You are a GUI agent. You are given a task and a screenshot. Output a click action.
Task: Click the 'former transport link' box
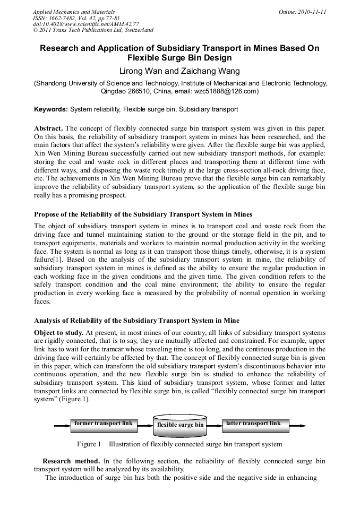104,424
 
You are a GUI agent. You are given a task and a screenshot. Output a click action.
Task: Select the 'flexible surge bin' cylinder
180,425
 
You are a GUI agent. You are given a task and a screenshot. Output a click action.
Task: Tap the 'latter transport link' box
255,424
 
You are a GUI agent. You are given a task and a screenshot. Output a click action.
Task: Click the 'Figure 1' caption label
89,444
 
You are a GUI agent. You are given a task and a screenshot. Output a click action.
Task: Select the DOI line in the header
86,24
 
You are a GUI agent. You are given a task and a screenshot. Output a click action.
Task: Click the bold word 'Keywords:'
51,109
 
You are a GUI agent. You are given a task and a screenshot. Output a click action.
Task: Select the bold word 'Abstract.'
48,128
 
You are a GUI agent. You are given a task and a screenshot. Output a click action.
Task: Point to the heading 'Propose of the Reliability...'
143,214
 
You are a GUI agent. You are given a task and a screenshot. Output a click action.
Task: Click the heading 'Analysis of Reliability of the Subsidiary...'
136,320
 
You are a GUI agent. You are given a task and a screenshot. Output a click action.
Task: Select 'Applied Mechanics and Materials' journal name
73,11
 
